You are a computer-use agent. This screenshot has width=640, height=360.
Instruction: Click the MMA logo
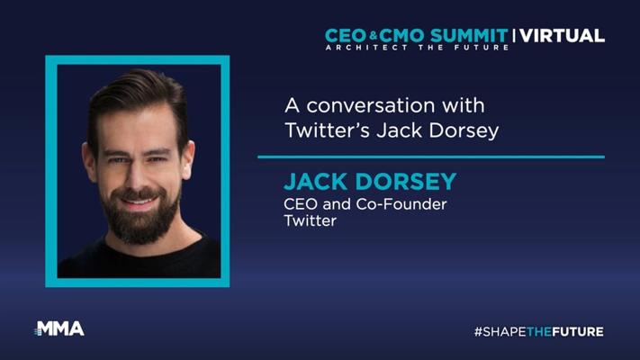pos(59,328)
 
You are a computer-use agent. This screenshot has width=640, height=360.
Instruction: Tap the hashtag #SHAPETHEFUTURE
pos(539,331)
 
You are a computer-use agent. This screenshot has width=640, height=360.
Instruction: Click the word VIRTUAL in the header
pos(563,36)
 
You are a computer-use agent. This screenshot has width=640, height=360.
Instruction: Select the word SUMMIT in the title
pos(469,36)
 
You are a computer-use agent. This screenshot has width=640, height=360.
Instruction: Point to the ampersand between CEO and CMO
pos(373,36)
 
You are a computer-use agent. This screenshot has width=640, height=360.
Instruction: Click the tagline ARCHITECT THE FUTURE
pos(417,48)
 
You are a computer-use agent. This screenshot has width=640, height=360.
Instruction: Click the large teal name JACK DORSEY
pos(370,182)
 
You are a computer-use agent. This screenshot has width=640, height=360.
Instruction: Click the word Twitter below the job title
pos(311,220)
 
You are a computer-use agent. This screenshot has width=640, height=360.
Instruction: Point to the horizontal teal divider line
pos(431,157)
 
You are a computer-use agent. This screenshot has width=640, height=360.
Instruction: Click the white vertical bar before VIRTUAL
pos(514,36)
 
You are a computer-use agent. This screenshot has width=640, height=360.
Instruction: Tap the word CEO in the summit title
pos(347,36)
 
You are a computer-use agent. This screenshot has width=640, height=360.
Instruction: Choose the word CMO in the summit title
pos(403,36)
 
